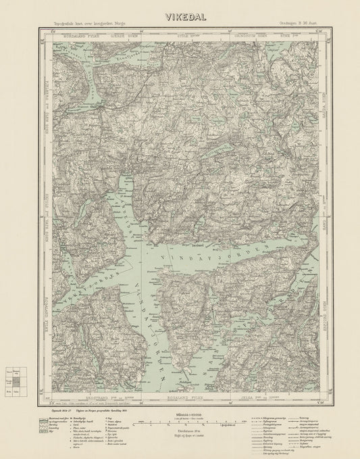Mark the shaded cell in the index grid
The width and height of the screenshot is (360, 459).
[x=17, y=383]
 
